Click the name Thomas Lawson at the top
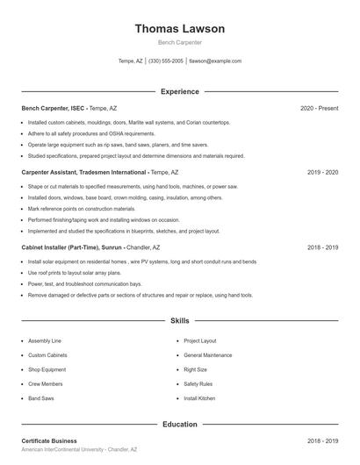pos(179,29)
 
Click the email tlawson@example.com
pos(214,61)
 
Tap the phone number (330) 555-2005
pos(166,61)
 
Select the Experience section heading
pos(179,91)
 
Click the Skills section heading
pos(179,321)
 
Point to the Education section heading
pos(179,425)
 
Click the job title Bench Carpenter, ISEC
pos(54,108)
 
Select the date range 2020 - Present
pos(319,108)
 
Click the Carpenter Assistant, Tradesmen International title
pos(83,173)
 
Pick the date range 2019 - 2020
pos(322,173)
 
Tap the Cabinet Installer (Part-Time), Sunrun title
pos(77,248)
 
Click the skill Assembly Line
pos(44,340)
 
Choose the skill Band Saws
pos(40,398)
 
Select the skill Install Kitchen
pos(199,398)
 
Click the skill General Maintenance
pos(208,355)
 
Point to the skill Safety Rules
pos(198,384)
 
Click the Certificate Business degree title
pos(49,440)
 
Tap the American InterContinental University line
pos(79,449)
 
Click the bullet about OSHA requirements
pos(79,133)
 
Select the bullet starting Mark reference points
pos(82,209)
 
